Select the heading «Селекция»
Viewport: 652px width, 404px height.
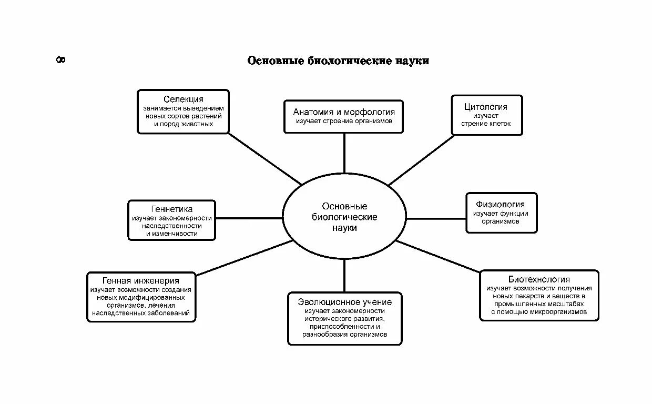coord(183,99)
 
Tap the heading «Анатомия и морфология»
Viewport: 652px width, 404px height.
coord(344,112)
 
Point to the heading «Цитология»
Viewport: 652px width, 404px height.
coord(485,107)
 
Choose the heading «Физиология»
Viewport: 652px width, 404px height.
coord(500,204)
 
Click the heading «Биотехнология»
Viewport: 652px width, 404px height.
coord(539,279)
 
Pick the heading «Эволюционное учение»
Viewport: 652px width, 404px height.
coord(344,302)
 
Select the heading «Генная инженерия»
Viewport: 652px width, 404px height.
coord(141,281)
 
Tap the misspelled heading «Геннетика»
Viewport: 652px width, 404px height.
coord(171,209)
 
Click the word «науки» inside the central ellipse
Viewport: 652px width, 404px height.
coord(344,228)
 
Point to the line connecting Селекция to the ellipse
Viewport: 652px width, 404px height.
coord(266,158)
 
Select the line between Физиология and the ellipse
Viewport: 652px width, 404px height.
coord(436,218)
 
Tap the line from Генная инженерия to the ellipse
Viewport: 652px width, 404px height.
coord(244,258)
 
